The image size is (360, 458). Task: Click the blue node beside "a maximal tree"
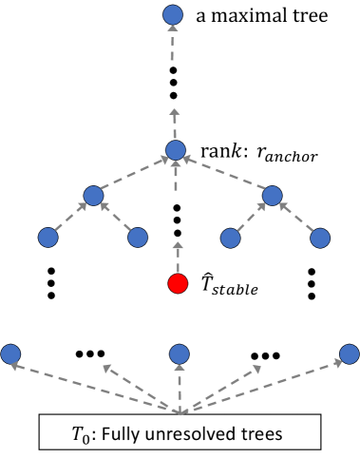click(172, 15)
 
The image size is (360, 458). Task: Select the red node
click(176, 282)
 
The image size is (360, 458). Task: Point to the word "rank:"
click(219, 150)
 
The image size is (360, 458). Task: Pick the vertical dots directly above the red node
click(176, 218)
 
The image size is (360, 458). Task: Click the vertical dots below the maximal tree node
click(173, 83)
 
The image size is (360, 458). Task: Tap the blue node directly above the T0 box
click(180, 355)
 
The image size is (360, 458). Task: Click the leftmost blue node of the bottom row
click(11, 355)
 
